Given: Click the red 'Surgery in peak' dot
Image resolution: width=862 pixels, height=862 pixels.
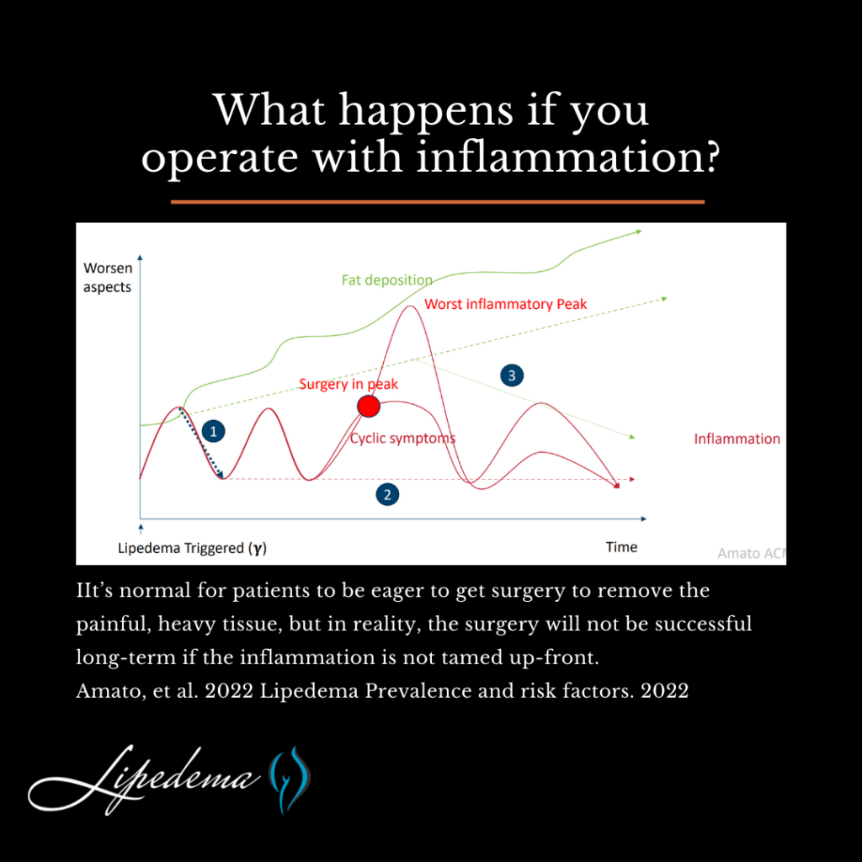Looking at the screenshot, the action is click(x=369, y=407).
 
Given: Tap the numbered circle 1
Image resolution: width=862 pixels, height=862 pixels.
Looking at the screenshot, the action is click(x=213, y=431).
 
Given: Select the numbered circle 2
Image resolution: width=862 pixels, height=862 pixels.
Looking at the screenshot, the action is click(x=387, y=494).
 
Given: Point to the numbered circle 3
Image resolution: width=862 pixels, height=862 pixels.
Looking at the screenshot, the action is click(x=512, y=375).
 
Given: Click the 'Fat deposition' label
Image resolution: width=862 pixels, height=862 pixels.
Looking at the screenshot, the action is click(x=387, y=280).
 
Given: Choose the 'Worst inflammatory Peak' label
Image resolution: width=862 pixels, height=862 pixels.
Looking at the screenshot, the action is click(x=506, y=304).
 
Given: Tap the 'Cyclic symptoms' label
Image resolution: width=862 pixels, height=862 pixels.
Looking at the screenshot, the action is click(x=403, y=438).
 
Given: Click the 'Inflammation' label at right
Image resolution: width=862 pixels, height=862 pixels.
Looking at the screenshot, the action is click(x=737, y=439).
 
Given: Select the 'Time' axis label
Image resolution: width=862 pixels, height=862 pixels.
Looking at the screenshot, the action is click(x=621, y=547).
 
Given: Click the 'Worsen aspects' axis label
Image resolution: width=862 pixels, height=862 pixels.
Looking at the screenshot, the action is click(x=108, y=278).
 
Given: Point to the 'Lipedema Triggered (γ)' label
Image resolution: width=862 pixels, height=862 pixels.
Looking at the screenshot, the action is click(x=193, y=548).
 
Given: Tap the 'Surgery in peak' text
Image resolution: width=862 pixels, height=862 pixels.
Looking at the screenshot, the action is click(x=349, y=384).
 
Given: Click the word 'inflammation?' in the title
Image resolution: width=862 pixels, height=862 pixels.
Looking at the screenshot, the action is click(x=568, y=157).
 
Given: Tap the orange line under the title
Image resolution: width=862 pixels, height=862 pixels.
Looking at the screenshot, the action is click(x=438, y=202).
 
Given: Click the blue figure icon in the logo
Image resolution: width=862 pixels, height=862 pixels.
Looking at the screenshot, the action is click(x=290, y=779).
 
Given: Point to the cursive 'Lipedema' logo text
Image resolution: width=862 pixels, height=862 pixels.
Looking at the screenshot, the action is click(x=144, y=779).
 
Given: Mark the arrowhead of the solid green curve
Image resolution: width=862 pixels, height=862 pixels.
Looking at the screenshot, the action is click(x=638, y=232).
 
